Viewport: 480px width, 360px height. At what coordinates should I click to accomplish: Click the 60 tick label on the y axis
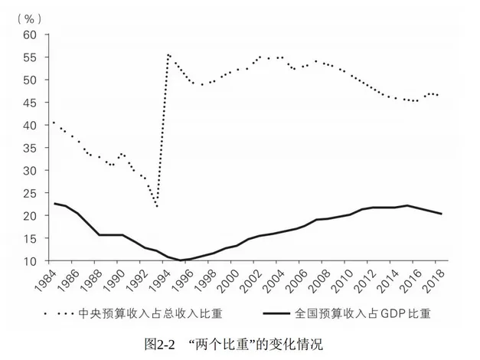click(30, 35)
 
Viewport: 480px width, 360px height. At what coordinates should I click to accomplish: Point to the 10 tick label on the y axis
click(30, 261)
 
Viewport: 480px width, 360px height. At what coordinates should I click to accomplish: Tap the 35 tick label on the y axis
click(30, 148)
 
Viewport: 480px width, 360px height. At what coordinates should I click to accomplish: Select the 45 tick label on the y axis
click(30, 103)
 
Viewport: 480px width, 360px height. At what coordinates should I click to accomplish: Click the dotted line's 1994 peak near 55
click(168, 55)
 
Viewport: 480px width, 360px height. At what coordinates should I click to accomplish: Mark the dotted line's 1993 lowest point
click(156, 206)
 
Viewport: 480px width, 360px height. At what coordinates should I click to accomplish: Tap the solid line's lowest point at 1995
click(181, 260)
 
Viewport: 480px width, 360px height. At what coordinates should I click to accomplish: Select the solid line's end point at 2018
click(442, 214)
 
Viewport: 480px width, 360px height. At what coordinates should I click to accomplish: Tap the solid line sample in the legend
click(279, 313)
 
